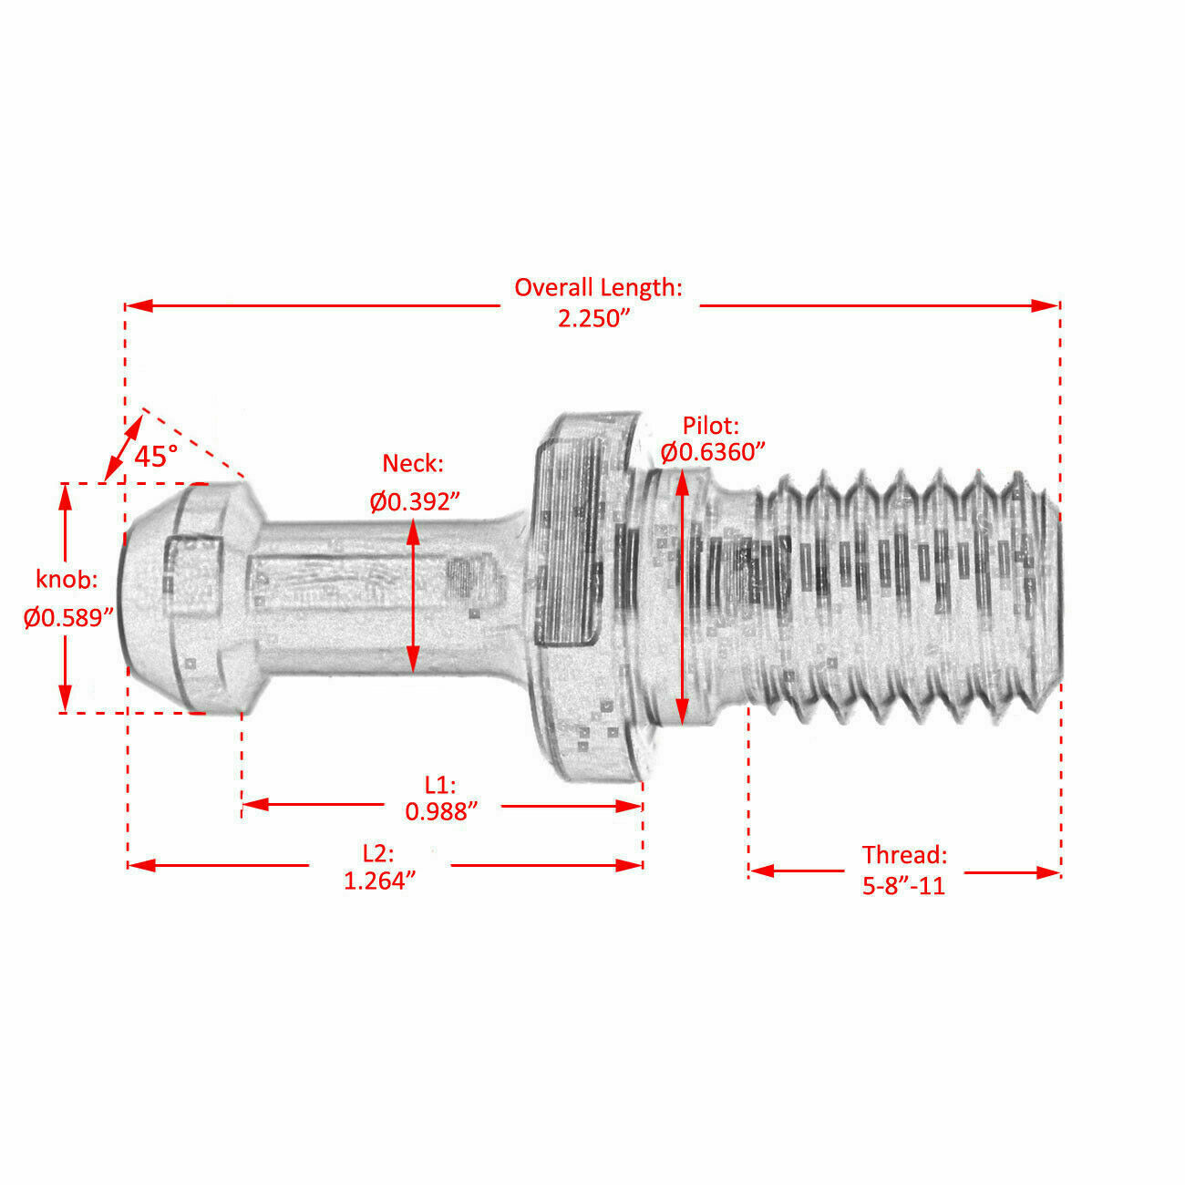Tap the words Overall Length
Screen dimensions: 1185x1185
[597, 288]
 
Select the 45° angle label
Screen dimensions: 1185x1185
[156, 456]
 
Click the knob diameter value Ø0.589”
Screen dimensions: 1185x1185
[69, 617]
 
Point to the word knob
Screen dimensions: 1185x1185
[66, 580]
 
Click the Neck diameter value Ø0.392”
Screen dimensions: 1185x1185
[415, 501]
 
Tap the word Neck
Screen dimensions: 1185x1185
[413, 464]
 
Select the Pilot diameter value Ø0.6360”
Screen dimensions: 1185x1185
[713, 452]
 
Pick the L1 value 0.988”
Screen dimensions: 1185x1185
[441, 811]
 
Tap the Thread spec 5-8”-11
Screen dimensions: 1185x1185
[903, 885]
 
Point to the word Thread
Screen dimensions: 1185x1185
[904, 855]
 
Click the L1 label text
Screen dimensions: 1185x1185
[439, 785]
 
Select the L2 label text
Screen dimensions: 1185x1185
[378, 854]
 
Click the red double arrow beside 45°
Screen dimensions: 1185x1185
[124, 447]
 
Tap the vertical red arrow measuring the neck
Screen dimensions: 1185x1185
[413, 592]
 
